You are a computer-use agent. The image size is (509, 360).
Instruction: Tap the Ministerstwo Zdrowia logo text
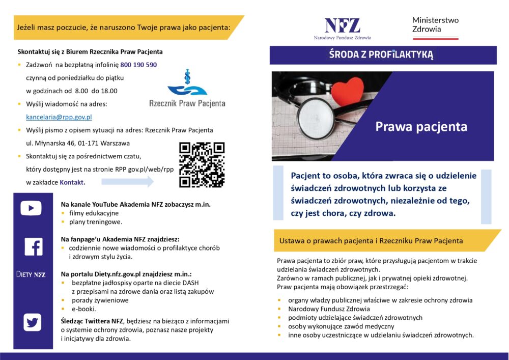[x=435, y=25]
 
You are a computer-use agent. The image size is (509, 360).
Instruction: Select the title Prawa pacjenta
[x=421, y=126]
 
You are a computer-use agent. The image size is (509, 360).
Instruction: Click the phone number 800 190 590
[x=138, y=65]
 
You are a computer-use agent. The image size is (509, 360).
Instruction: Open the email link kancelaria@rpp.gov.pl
[x=59, y=117]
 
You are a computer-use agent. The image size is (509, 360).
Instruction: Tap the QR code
[x=202, y=164]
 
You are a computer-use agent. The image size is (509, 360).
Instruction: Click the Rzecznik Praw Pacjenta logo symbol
[x=187, y=85]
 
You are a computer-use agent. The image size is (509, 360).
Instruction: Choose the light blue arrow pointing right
[x=127, y=182]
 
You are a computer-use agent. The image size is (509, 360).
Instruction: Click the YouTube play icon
[x=31, y=208]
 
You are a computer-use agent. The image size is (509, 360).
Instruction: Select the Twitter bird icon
[x=33, y=322]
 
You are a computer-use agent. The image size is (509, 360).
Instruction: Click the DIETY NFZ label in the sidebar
[x=31, y=274]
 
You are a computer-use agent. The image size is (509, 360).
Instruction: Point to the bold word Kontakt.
[x=72, y=182]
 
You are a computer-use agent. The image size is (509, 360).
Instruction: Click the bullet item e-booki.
[x=83, y=309]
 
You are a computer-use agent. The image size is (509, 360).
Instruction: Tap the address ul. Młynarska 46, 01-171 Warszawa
[x=78, y=143]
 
